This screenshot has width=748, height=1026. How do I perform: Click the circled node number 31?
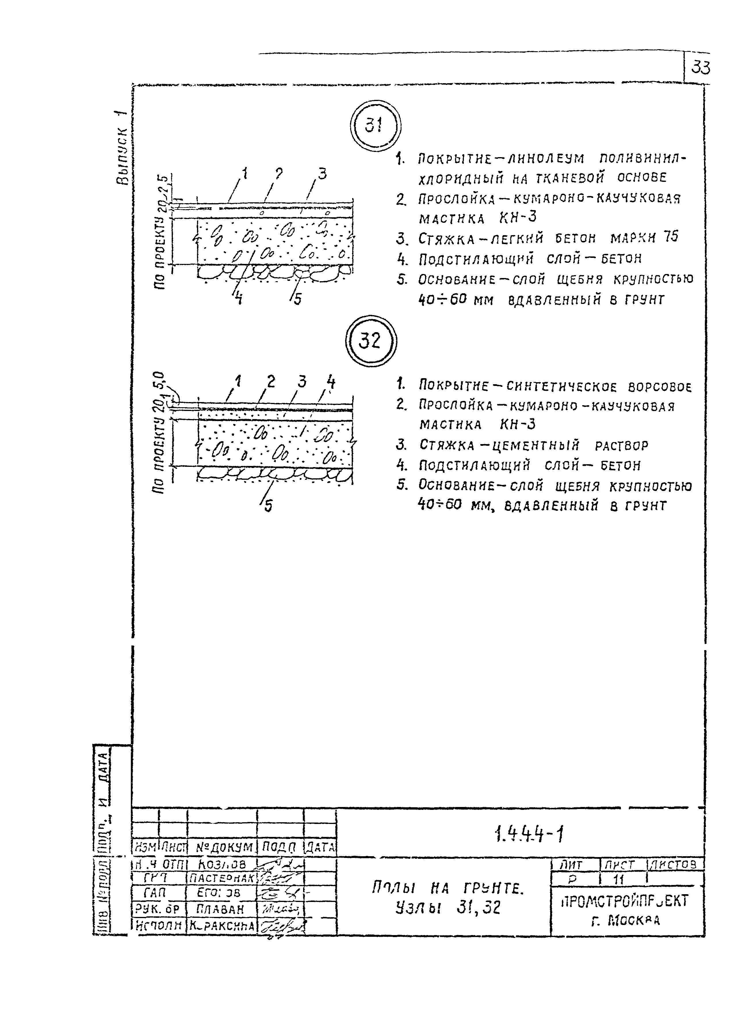375,125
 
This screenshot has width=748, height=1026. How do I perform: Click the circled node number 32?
370,340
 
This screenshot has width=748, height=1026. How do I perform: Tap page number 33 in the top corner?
700,68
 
